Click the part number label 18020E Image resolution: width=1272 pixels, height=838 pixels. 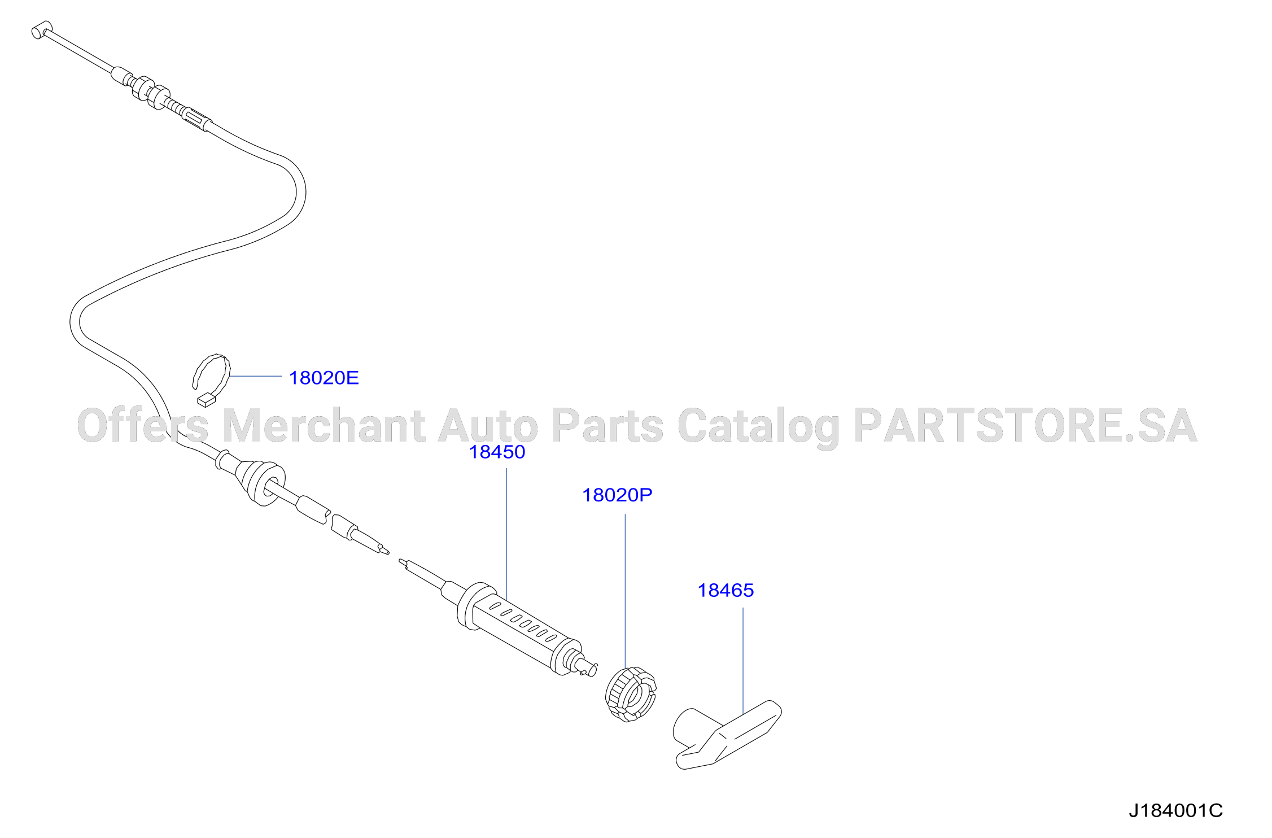pyautogui.click(x=324, y=378)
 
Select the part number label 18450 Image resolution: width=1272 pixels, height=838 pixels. pyautogui.click(x=497, y=452)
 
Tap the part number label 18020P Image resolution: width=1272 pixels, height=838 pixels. pyautogui.click(x=617, y=495)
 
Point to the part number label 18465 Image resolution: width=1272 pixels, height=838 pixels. pyautogui.click(x=725, y=590)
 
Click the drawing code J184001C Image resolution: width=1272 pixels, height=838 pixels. pyautogui.click(x=1175, y=811)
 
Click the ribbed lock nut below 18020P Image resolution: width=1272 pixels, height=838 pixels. pyautogui.click(x=631, y=694)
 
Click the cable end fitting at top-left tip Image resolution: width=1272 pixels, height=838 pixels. pyautogui.click(x=41, y=30)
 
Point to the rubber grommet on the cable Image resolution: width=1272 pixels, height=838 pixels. pyautogui.click(x=263, y=483)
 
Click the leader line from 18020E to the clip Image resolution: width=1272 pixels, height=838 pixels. pyautogui.click(x=256, y=376)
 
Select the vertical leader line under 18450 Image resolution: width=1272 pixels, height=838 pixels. pyautogui.click(x=506, y=534)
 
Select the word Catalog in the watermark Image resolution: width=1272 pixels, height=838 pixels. pyautogui.click(x=758, y=427)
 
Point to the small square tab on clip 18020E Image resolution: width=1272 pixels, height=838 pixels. pyautogui.click(x=207, y=400)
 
